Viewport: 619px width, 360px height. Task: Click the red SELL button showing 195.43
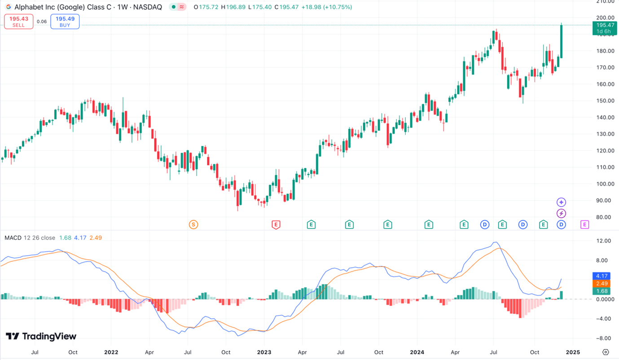(18, 22)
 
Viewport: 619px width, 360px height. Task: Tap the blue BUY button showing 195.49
(65, 22)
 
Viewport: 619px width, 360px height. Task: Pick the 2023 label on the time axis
(264, 352)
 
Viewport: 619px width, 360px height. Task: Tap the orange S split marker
(193, 224)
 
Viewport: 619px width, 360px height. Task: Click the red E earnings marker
(276, 224)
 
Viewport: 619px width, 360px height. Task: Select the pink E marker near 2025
(584, 224)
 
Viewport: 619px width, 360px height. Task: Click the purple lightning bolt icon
(561, 213)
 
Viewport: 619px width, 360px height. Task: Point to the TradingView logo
(41, 336)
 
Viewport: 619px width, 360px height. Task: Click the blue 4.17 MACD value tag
(601, 276)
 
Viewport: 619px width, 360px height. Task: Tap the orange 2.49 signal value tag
(601, 284)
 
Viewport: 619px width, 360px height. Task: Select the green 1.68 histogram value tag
(601, 291)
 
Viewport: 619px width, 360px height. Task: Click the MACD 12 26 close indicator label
(30, 237)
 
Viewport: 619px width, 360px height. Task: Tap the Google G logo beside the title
(8, 7)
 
